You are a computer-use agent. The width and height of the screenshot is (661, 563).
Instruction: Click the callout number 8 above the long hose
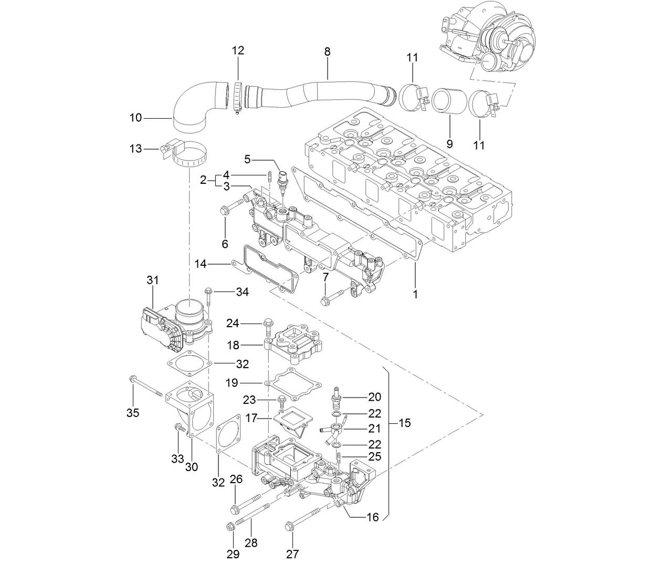pos(327,51)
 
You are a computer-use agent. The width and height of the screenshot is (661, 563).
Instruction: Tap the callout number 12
pos(238,50)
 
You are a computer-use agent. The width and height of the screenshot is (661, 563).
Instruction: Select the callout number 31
pos(152,281)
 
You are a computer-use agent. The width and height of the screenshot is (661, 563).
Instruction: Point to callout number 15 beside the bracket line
pos(404,423)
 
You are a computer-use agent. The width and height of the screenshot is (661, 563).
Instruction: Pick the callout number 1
pos(415,295)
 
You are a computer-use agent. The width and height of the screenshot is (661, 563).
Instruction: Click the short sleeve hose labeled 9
pos(449,101)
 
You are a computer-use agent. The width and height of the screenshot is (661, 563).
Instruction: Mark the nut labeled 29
pos(229,527)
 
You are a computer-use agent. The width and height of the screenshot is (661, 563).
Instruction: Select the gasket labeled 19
pos(294,383)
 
